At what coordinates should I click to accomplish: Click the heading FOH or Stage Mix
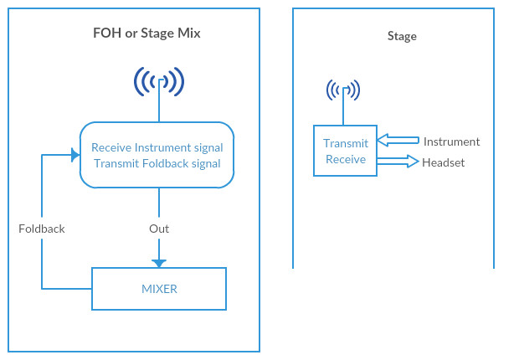click(x=146, y=34)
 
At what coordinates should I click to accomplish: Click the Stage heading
click(x=402, y=36)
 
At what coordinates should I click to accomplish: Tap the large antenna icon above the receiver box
click(x=159, y=82)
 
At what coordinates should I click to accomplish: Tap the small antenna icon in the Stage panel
click(x=343, y=90)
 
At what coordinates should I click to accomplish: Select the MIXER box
click(x=159, y=289)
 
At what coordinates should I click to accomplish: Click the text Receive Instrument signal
click(x=157, y=147)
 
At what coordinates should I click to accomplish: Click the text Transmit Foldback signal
click(x=157, y=163)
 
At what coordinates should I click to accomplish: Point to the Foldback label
click(x=42, y=229)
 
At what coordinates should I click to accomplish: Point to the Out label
click(x=159, y=229)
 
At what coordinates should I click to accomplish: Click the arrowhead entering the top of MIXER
click(x=159, y=262)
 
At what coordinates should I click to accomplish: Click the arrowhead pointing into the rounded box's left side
click(x=73, y=155)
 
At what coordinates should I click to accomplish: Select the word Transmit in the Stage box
click(x=346, y=143)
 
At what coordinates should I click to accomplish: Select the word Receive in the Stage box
click(x=346, y=159)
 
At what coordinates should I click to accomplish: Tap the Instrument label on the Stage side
click(x=451, y=141)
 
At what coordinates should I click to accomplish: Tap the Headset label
click(x=443, y=162)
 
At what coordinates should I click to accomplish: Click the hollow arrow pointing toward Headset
click(x=398, y=161)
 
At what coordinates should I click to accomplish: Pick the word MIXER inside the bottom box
click(x=159, y=289)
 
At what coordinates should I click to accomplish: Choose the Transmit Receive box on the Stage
click(x=346, y=151)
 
